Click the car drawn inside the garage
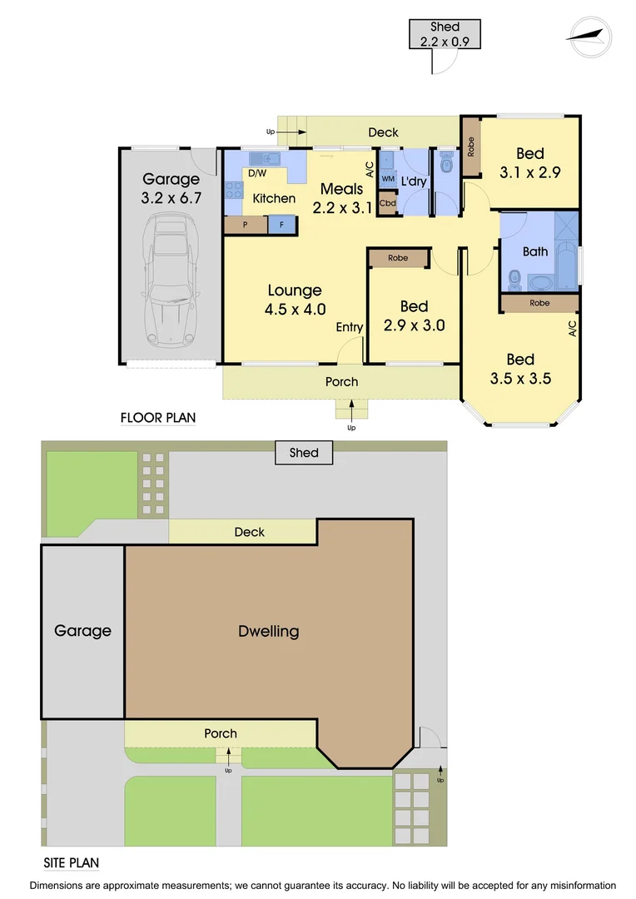171,281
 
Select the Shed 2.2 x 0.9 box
445,33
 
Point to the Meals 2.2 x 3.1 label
341,198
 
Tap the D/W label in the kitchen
257,174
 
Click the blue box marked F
281,225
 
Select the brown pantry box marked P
246,225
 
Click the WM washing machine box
387,179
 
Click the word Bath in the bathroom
535,251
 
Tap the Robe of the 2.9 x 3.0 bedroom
398,258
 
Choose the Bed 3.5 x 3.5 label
520,369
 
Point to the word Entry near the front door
349,328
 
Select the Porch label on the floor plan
341,382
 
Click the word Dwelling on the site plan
268,631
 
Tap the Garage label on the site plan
82,631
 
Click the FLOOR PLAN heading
158,418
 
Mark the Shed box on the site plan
304,453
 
